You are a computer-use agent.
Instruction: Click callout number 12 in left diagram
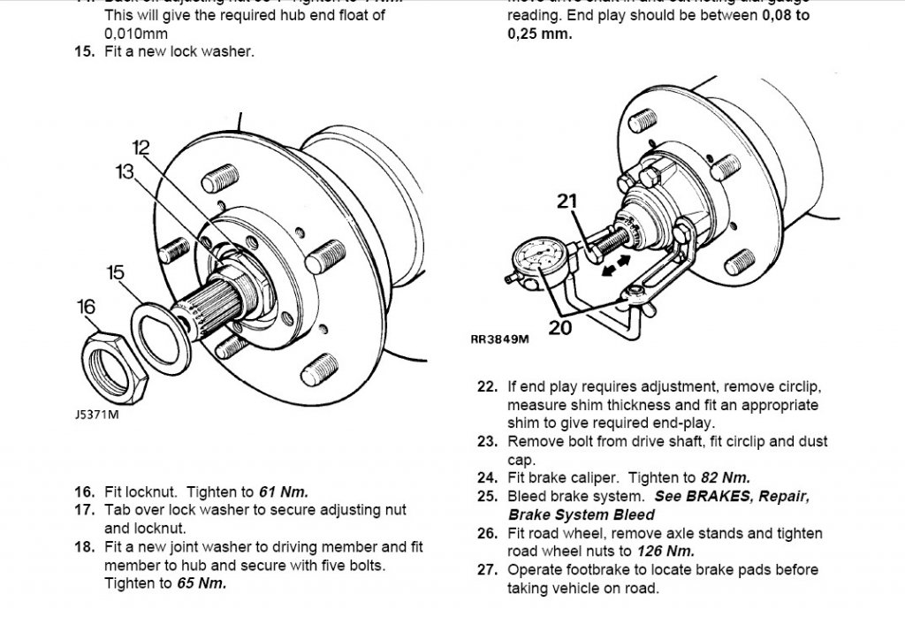(x=142, y=147)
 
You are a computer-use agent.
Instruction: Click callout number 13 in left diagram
(x=125, y=171)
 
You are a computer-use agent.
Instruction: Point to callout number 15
(x=116, y=272)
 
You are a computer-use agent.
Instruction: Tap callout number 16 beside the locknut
(x=85, y=307)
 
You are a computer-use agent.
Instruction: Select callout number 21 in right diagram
(x=567, y=202)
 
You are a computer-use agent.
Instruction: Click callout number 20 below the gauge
(x=559, y=326)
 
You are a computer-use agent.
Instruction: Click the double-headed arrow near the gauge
(x=615, y=265)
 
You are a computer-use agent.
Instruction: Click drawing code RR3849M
(x=500, y=339)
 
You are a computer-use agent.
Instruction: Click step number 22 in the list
(x=487, y=386)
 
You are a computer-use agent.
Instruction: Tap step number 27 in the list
(x=487, y=570)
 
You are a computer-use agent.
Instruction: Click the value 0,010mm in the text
(x=136, y=33)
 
